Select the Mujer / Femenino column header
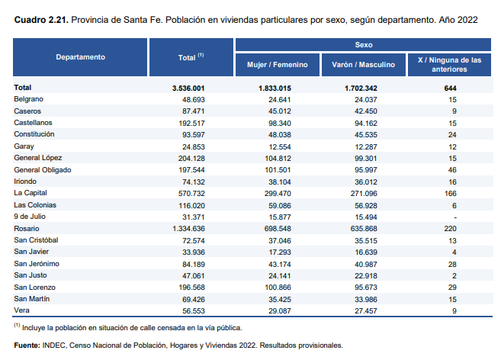pyautogui.click(x=277, y=65)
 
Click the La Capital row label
pyautogui.click(x=31, y=193)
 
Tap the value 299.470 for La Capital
pyautogui.click(x=291, y=193)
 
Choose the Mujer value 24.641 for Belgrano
pyautogui.click(x=293, y=99)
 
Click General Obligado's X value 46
pyautogui.click(x=452, y=169)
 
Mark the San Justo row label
pyautogui.click(x=30, y=275)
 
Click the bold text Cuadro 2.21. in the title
pyautogui.click(x=39, y=19)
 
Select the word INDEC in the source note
pyautogui.click(x=55, y=346)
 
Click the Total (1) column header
pyautogui.click(x=189, y=57)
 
